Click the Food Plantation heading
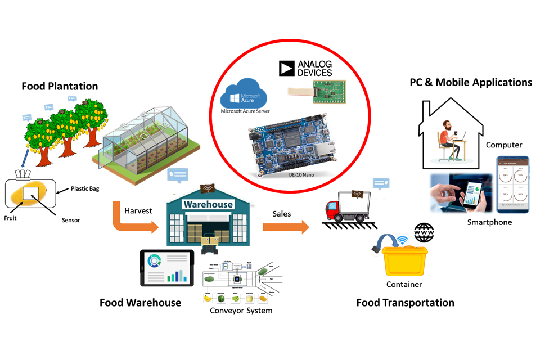tap(60, 86)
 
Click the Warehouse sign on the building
tap(208, 204)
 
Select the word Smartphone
tap(490, 222)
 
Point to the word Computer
tap(504, 145)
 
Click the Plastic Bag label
tap(85, 188)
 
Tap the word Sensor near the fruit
tap(71, 220)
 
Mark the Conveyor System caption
tap(241, 310)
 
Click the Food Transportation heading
tap(405, 303)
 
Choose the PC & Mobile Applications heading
tap(470, 82)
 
